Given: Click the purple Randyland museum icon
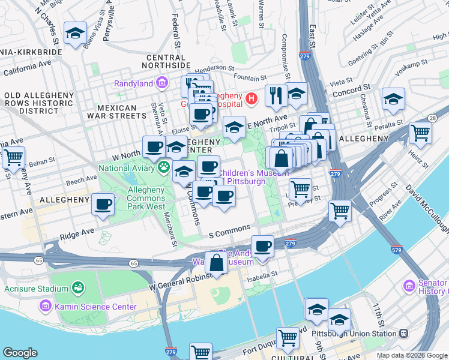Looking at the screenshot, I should [161, 83].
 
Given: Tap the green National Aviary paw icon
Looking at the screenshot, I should [163, 167].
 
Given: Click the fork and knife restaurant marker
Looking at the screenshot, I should [276, 96].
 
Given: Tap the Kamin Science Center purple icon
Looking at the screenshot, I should [46, 307].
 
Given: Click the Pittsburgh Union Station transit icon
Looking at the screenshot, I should [404, 333].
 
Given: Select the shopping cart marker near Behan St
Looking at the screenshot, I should [13, 158].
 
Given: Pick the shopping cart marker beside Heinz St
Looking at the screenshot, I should [420, 133].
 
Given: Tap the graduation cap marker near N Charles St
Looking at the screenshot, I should [75, 34].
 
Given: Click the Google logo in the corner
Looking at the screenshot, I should [20, 353].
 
